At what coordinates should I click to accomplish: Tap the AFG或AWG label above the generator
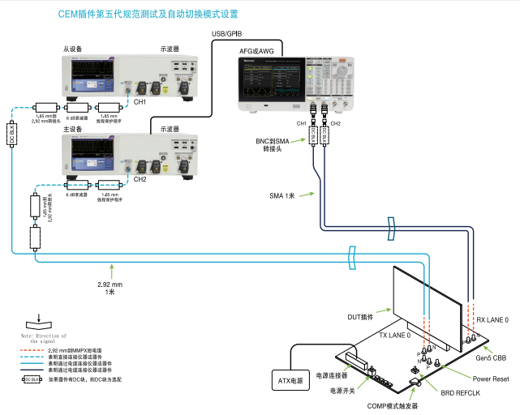pos(256,51)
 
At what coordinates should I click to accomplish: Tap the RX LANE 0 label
pos(492,320)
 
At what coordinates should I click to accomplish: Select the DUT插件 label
pos(370,316)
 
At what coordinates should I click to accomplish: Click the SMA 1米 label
pos(281,195)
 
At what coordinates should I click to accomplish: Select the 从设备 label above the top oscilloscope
pos(73,49)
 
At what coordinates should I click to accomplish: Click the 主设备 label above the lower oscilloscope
pos(73,129)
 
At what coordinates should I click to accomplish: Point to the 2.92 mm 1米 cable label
pos(110,288)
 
